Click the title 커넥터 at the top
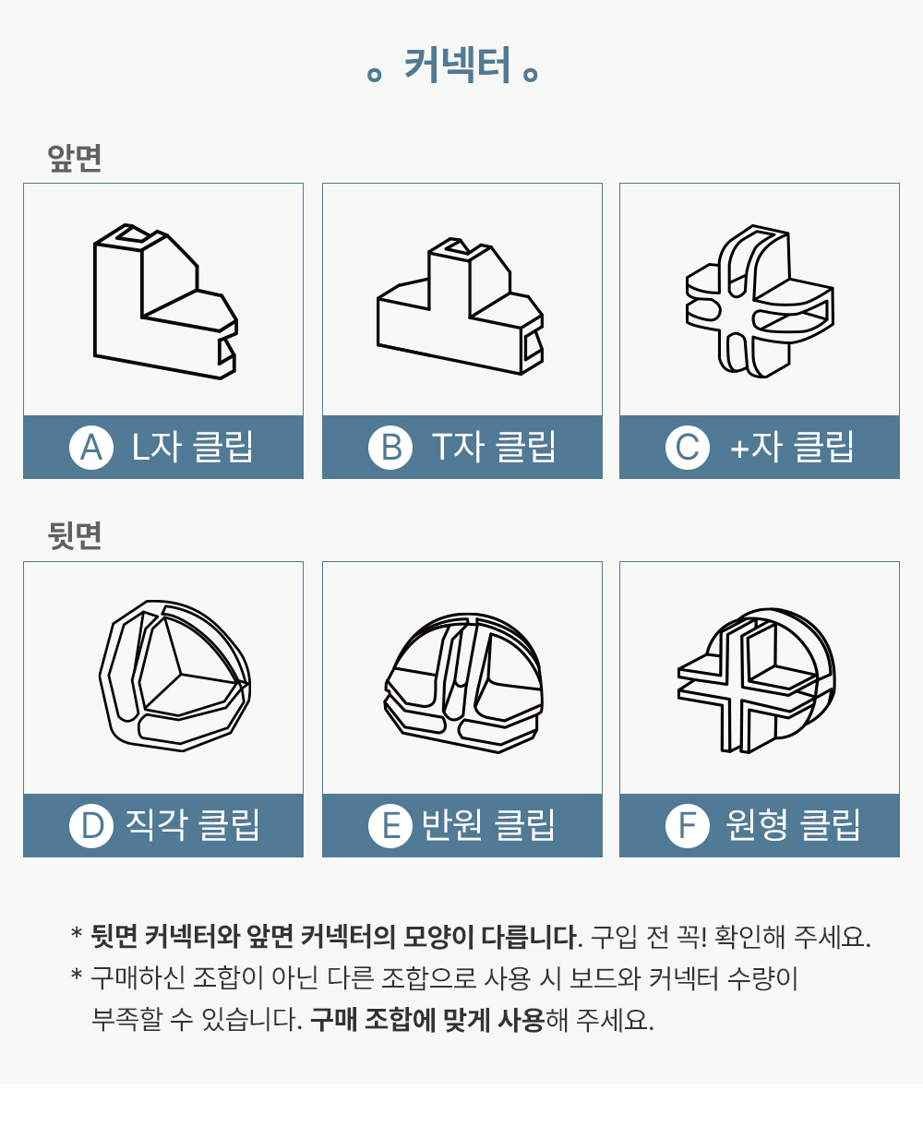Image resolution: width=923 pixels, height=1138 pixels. tap(457, 66)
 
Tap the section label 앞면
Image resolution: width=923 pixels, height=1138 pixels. tap(75, 158)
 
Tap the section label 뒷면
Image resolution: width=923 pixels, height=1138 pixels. tap(75, 535)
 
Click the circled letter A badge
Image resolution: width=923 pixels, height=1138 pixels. tap(91, 448)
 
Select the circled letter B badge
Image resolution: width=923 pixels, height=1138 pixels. tap(390, 448)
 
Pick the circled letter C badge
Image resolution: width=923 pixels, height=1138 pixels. tap(688, 448)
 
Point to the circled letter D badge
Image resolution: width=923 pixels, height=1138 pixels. tap(91, 826)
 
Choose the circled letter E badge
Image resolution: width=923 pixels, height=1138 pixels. tap(390, 826)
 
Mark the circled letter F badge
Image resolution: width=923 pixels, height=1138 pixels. tap(688, 826)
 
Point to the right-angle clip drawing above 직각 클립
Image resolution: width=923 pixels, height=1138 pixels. tap(174, 676)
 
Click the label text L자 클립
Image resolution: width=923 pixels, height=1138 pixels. tap(192, 447)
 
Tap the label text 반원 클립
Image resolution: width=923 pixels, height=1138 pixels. tap(487, 825)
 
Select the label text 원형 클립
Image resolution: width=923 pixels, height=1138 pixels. tap(793, 825)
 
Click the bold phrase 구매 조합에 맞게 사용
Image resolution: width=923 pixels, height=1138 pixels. tap(426, 1020)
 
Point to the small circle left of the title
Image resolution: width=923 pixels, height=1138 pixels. tap(375, 74)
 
